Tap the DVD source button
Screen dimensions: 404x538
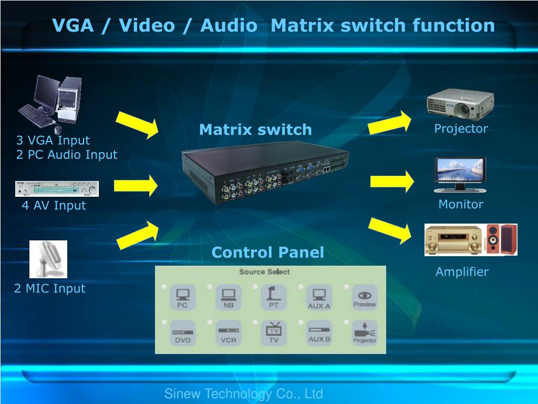pyautogui.click(x=182, y=333)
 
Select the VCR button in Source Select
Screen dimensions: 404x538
pyautogui.click(x=229, y=333)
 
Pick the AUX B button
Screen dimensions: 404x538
pyautogui.click(x=319, y=333)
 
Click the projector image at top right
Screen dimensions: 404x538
pyautogui.click(x=460, y=104)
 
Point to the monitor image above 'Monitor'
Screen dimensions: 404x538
pyautogui.click(x=460, y=175)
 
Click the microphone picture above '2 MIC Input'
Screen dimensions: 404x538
pyautogui.click(x=48, y=259)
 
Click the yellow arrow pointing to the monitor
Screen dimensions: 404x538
pyautogui.click(x=391, y=181)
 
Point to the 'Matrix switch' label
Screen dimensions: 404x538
pyautogui.click(x=255, y=129)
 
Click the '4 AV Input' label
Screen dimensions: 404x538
pyautogui.click(x=54, y=205)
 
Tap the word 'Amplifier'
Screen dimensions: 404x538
pyautogui.click(x=462, y=272)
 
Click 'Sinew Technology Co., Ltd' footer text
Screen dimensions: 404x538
pyautogui.click(x=243, y=393)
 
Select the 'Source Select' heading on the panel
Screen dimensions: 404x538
pyautogui.click(x=264, y=272)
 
